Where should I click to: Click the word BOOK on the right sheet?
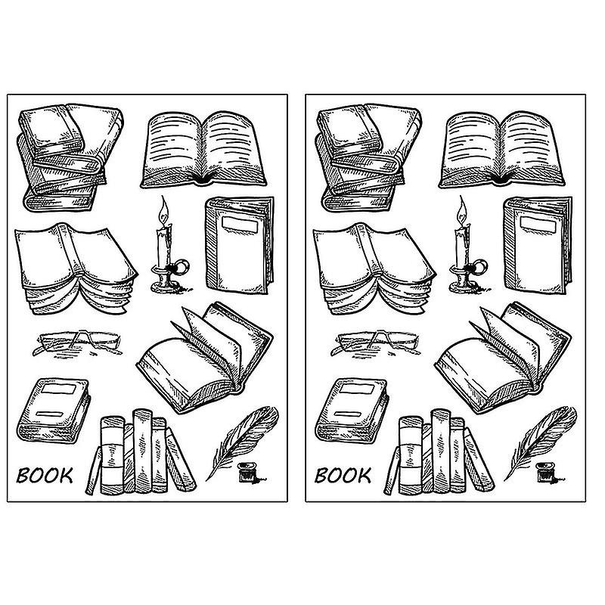[343, 476]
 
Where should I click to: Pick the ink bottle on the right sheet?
[544, 473]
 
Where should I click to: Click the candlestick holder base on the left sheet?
[166, 282]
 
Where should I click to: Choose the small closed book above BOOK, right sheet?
[352, 408]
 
